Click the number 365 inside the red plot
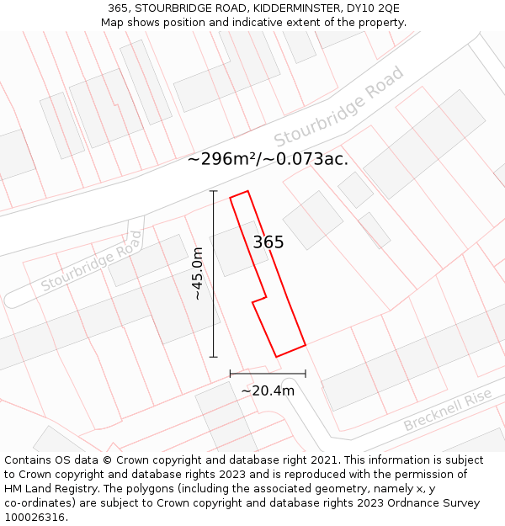tap(268, 242)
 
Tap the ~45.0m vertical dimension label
tap(198, 274)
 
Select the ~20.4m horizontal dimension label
tap(268, 391)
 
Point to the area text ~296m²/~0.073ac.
tap(268, 158)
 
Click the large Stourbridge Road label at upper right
tap(339, 105)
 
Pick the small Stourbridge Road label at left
tap(92, 267)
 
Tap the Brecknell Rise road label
tap(447, 411)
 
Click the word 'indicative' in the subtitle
tap(266, 22)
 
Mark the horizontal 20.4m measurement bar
tap(268, 373)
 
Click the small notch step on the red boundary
tap(260, 299)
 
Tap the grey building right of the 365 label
tap(312, 220)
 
